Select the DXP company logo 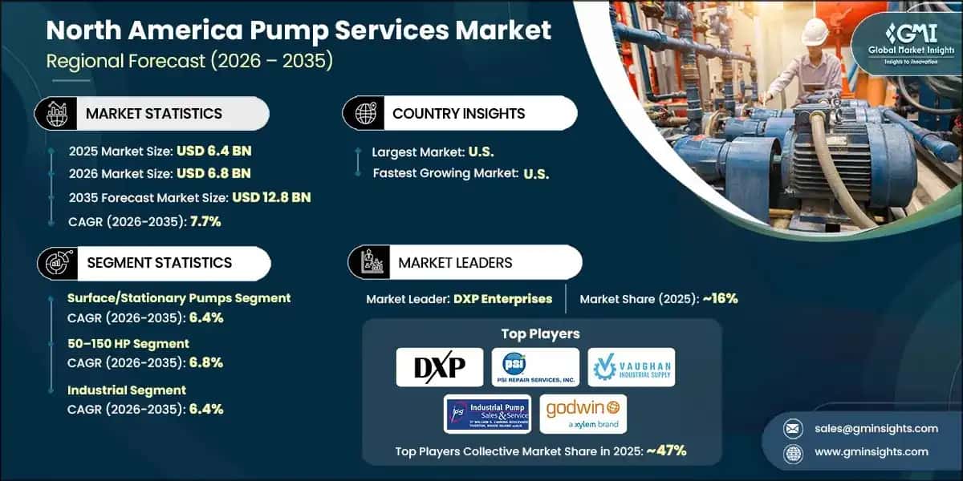coord(440,366)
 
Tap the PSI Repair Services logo coord(535,366)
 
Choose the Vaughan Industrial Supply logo coord(631,366)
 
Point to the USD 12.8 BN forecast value coord(271,197)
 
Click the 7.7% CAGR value coord(205,221)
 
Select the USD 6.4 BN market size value coord(212,150)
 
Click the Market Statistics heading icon coord(55,113)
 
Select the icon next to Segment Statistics coord(55,262)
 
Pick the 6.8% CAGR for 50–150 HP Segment coord(205,362)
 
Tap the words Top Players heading coord(539,333)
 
